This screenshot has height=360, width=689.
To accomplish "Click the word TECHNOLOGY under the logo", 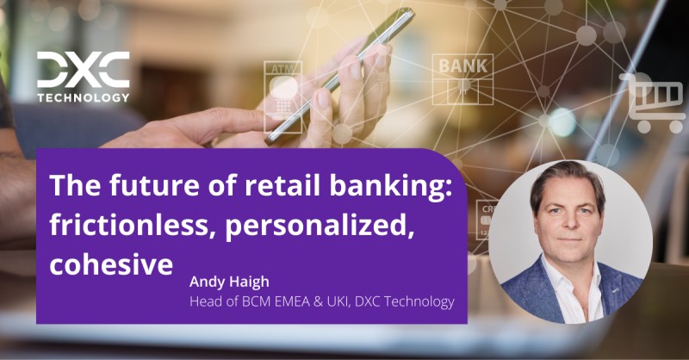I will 83,97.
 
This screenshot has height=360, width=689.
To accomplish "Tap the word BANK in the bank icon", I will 462,65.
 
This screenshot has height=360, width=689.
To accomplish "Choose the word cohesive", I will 112,263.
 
